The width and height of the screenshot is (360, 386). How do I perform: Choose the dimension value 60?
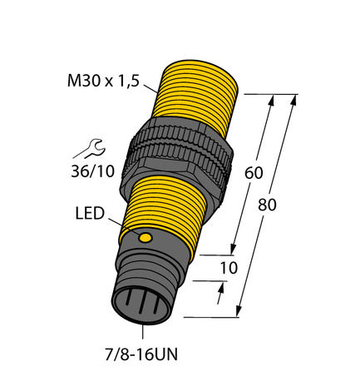coord(257,175)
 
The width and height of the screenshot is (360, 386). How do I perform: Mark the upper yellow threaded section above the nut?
coord(196,92)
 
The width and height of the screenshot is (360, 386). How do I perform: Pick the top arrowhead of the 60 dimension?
coord(272,100)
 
